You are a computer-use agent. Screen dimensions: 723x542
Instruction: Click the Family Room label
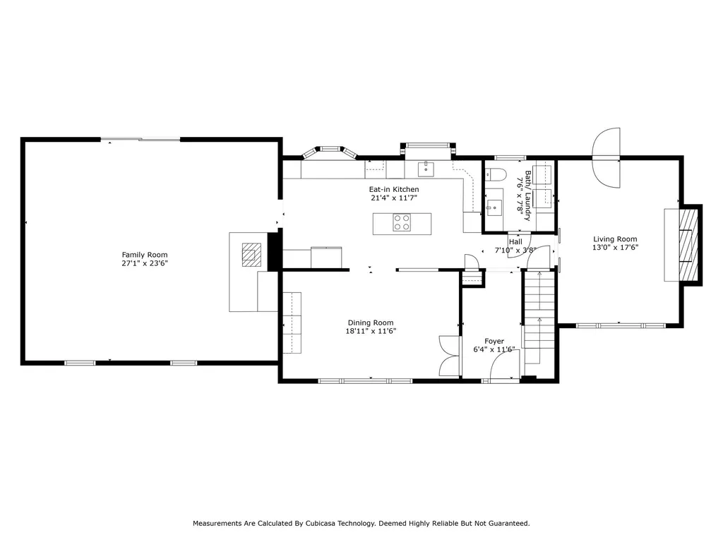click(x=144, y=255)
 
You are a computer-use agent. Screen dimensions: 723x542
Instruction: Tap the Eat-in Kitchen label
click(x=394, y=189)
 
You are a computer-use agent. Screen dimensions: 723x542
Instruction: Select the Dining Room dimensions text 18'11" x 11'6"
click(x=371, y=332)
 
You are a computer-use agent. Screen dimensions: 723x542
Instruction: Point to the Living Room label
click(x=615, y=239)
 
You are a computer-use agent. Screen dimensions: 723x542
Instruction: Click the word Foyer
click(x=494, y=342)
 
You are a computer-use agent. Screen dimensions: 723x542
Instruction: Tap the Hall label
click(x=515, y=242)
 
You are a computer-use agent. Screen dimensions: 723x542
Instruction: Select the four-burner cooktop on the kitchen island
click(x=402, y=222)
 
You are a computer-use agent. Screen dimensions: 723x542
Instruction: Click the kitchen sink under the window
click(x=426, y=169)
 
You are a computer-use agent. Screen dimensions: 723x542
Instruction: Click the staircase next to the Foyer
click(x=539, y=318)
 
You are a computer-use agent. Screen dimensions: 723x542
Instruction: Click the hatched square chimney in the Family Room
click(x=252, y=255)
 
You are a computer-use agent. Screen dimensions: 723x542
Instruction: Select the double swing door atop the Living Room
click(x=607, y=157)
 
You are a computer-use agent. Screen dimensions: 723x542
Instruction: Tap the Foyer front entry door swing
click(x=504, y=366)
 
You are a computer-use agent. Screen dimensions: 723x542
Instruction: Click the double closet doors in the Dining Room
click(x=450, y=356)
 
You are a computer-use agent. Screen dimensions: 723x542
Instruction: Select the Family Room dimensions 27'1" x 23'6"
click(x=144, y=264)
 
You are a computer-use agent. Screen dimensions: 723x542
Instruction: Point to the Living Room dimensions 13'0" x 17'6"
click(x=615, y=248)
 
